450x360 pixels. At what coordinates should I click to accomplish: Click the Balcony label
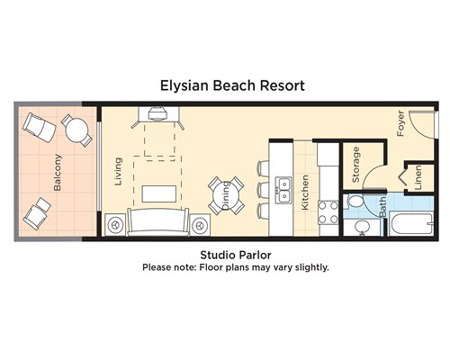click(58, 173)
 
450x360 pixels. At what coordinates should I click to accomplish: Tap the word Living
click(119, 172)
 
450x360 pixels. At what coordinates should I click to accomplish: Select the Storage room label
click(355, 165)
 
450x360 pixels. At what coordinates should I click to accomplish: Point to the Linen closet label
click(418, 177)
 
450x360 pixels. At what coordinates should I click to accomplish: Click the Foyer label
click(400, 123)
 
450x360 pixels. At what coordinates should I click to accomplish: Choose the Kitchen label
click(305, 193)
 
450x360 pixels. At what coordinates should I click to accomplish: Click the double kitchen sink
click(283, 191)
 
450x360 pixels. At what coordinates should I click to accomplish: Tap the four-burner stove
click(328, 212)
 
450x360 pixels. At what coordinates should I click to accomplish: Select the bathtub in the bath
click(411, 223)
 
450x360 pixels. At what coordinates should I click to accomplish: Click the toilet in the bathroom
click(354, 202)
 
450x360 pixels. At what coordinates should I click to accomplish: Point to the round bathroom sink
click(362, 227)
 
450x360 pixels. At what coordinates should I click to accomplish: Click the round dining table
click(226, 196)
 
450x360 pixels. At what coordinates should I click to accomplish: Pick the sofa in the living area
click(158, 222)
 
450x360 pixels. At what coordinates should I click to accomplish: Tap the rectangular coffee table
click(159, 193)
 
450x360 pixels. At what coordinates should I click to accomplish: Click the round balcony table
click(77, 130)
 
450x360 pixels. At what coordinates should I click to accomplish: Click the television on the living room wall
click(158, 112)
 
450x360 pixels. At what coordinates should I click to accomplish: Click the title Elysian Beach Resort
click(232, 85)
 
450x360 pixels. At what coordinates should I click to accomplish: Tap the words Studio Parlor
click(236, 255)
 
